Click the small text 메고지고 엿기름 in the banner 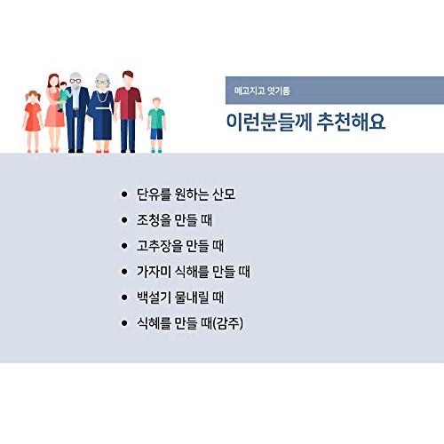click(x=262, y=91)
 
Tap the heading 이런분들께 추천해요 click(x=305, y=122)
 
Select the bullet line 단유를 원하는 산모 click(x=186, y=194)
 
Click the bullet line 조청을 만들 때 click(x=174, y=220)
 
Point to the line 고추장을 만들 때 click(x=180, y=246)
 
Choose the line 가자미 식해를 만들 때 click(x=194, y=272)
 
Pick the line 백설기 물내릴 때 click(x=180, y=297)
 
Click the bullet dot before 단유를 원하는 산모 click(x=124, y=194)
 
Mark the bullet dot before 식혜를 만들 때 click(x=124, y=323)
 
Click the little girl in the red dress click(x=33, y=122)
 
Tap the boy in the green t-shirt click(x=156, y=125)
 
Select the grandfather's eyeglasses click(x=75, y=81)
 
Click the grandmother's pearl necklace click(x=102, y=97)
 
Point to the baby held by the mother click(x=63, y=96)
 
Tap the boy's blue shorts click(x=156, y=134)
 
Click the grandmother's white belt click(x=102, y=107)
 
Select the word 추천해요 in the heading click(x=351, y=122)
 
